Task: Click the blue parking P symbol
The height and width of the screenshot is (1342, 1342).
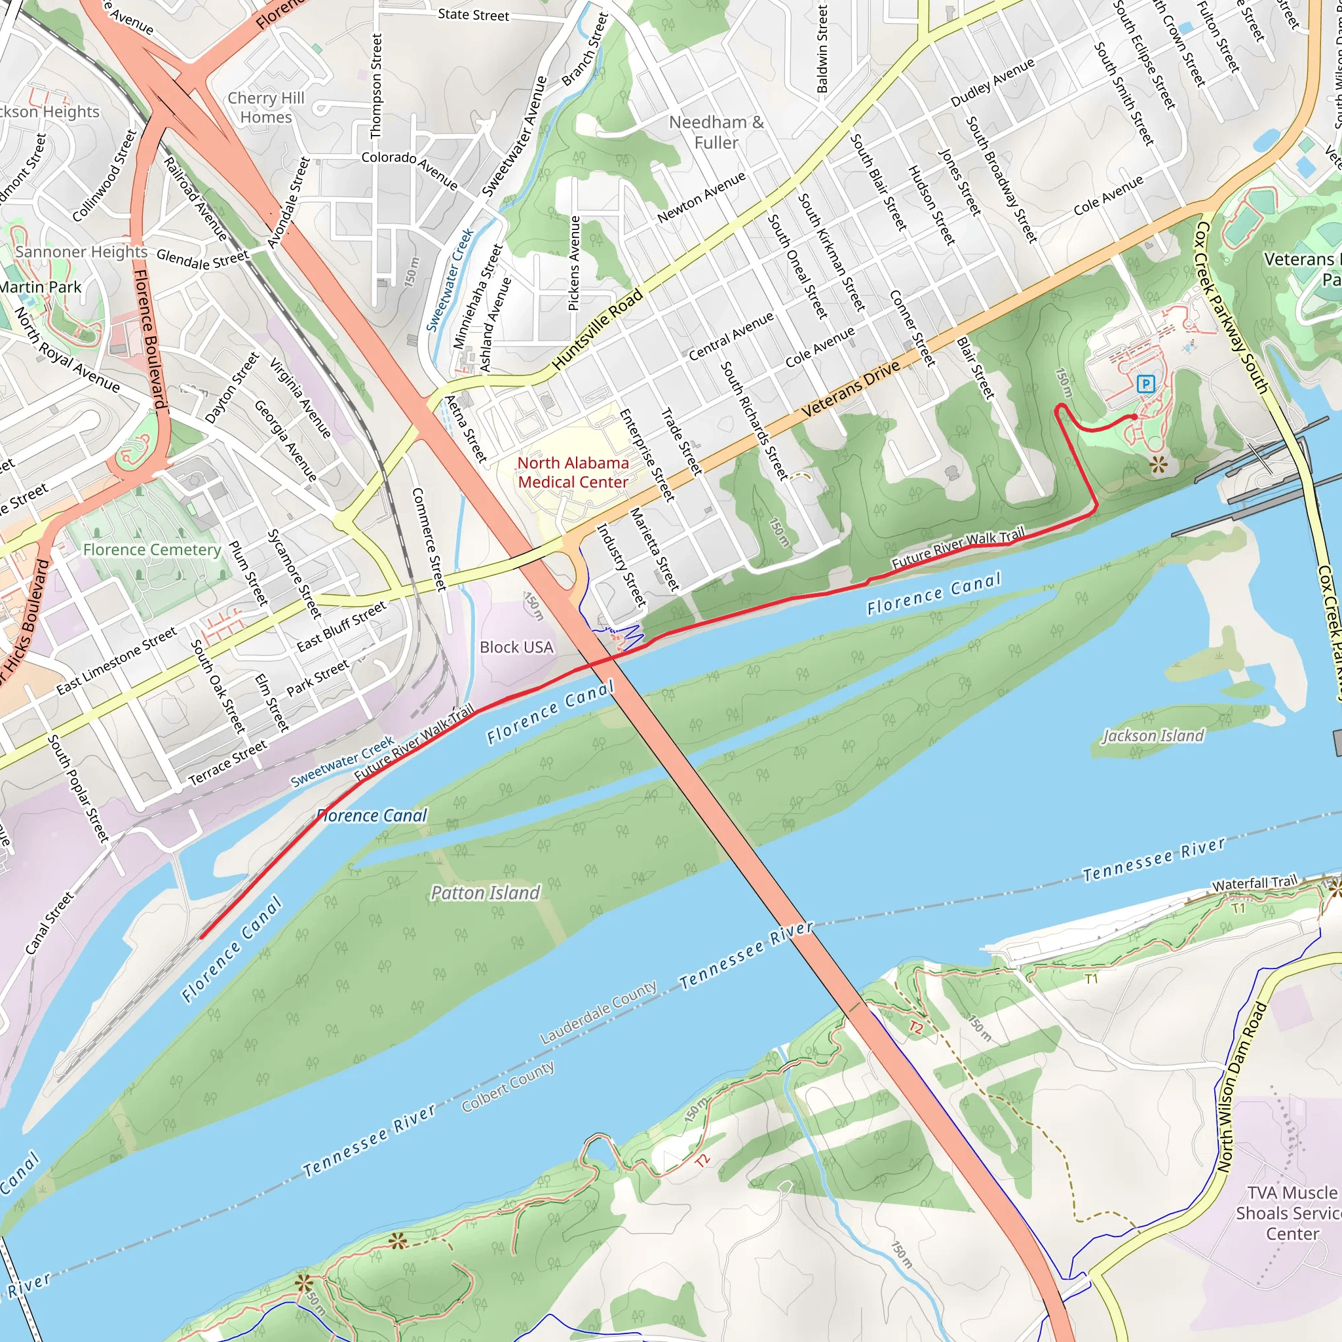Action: [1145, 383]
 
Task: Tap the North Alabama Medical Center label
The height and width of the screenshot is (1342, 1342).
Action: [573, 472]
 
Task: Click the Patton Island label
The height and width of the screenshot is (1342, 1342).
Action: [485, 892]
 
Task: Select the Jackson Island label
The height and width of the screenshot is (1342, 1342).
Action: [1153, 736]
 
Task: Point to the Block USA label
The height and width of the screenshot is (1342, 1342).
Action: [516, 647]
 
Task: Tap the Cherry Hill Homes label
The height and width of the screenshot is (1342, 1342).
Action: [266, 107]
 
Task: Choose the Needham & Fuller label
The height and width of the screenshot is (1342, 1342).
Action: [716, 132]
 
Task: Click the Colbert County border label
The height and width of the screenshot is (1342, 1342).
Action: [508, 1087]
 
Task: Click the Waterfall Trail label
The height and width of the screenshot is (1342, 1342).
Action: [1254, 883]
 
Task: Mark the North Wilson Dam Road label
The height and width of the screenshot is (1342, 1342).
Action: [1241, 1087]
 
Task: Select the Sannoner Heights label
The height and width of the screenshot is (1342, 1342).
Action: [81, 252]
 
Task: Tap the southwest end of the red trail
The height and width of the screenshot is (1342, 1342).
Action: [201, 938]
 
